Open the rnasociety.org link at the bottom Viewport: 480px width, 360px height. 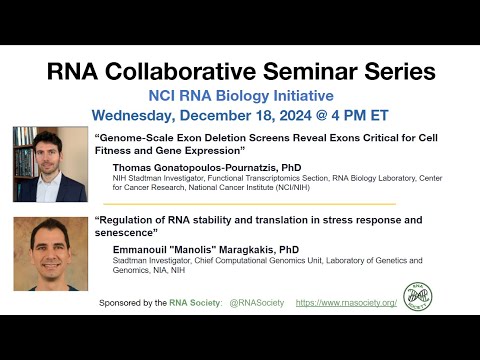point(346,301)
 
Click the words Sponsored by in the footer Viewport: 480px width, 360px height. point(128,301)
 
